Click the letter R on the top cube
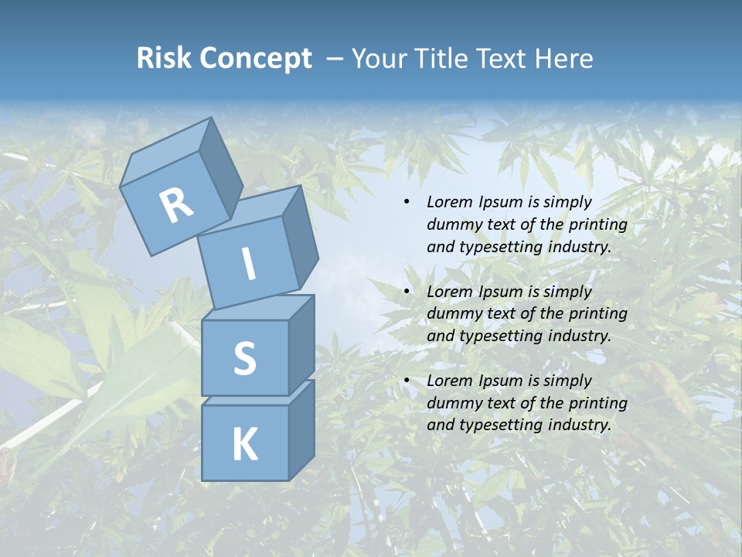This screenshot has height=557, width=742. (177, 205)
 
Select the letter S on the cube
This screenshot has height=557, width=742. (244, 358)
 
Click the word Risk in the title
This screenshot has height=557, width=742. (164, 59)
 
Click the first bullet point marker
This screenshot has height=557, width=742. (407, 203)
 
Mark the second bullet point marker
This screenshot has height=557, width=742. (407, 292)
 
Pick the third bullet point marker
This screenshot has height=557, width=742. (407, 381)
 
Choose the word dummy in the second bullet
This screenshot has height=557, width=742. (451, 314)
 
